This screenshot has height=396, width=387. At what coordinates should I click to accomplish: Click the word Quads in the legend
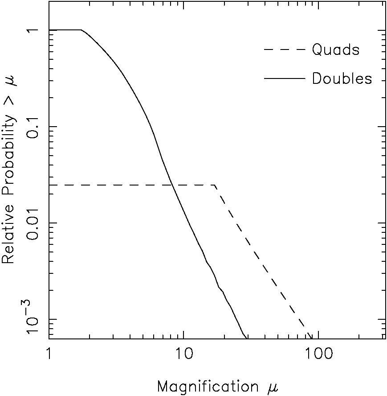[335, 50]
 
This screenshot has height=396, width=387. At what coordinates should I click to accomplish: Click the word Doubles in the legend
[342, 78]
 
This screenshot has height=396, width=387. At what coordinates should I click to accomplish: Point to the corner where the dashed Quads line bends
[215, 185]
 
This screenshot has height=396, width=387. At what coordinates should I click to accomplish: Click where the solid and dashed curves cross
[172, 185]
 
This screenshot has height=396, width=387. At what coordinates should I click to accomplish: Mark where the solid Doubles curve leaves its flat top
[81, 30]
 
